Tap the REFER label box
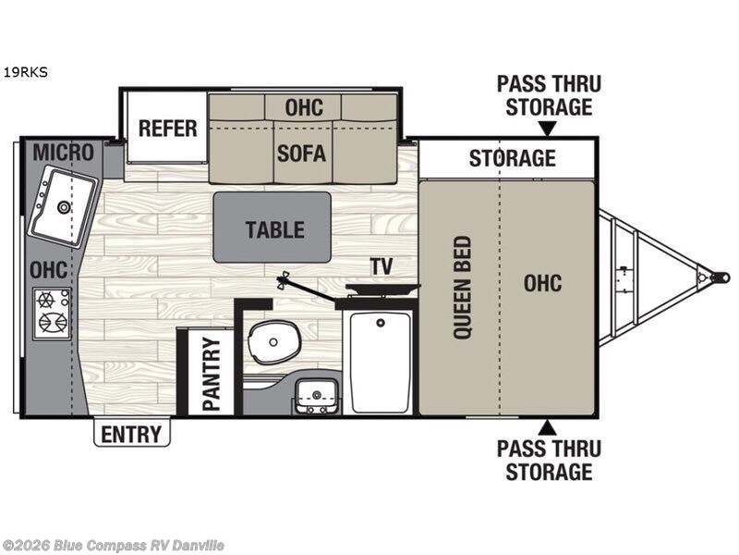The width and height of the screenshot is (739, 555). point(167,128)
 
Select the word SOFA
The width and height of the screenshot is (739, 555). point(301,152)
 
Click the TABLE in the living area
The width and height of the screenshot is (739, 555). point(273,228)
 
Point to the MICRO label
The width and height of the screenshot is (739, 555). point(63,152)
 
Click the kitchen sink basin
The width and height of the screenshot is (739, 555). point(63,207)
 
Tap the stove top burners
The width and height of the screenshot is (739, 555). point(52,311)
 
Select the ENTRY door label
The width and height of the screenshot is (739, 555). point(131,433)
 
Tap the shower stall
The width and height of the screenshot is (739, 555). point(378,362)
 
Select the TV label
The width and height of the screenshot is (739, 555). point(381,266)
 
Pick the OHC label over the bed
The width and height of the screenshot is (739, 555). point(542,283)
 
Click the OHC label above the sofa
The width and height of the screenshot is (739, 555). point(303,106)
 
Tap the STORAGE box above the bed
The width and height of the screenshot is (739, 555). point(511,157)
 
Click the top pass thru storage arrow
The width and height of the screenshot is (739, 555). point(548,129)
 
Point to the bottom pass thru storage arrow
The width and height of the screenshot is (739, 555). point(548,427)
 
